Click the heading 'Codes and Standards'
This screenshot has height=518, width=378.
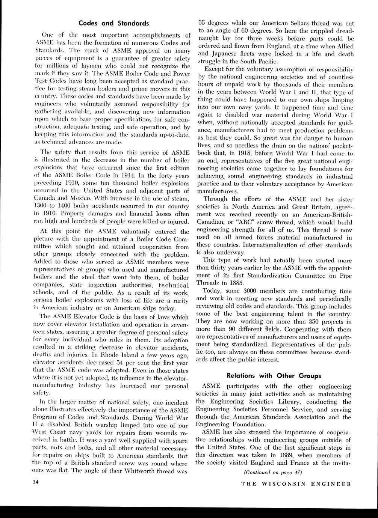point(113,23)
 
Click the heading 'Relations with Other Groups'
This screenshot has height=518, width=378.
point(274,375)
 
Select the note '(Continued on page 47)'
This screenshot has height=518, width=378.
point(273,472)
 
